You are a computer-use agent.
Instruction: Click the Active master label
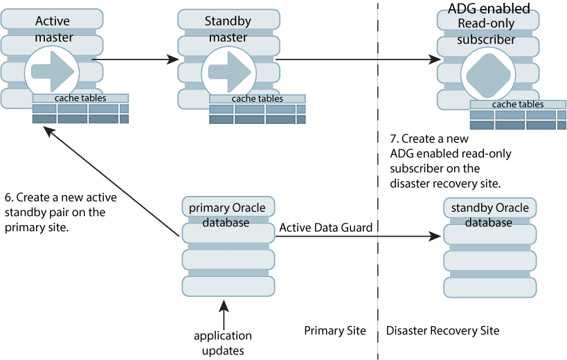(x=53, y=29)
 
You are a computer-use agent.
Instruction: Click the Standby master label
(x=227, y=29)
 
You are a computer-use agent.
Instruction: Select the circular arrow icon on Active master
(x=49, y=72)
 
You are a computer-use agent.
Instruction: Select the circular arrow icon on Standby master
(x=226, y=72)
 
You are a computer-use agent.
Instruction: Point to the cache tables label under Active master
(x=80, y=98)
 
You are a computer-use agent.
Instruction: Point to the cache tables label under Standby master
(x=257, y=98)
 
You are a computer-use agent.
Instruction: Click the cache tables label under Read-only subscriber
(x=517, y=105)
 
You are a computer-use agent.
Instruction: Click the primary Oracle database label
(x=228, y=215)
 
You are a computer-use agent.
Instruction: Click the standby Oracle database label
(x=489, y=215)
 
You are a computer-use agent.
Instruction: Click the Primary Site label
(x=334, y=330)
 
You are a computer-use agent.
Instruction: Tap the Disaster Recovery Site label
(x=442, y=330)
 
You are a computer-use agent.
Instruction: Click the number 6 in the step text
(x=8, y=197)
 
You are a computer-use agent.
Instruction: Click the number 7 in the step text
(x=394, y=138)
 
